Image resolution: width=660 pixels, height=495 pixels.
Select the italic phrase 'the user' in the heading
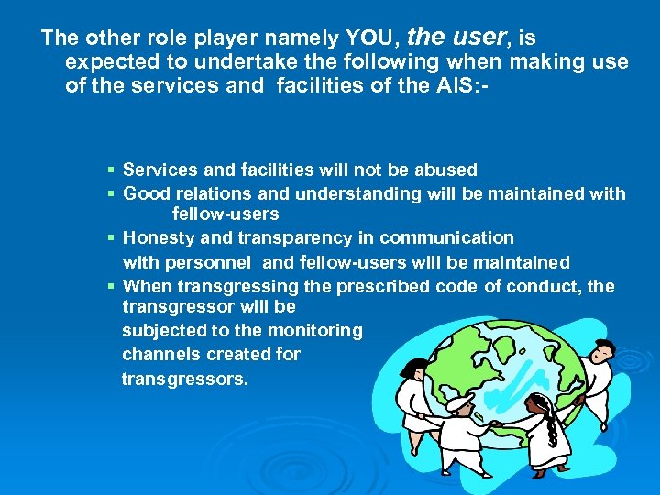[x=456, y=37]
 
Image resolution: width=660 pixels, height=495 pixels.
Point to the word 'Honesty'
[x=158, y=238]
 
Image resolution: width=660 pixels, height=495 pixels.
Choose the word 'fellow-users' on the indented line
[x=225, y=214]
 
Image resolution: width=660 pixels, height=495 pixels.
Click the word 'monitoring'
[x=314, y=330]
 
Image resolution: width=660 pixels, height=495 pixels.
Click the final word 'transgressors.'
[x=185, y=378]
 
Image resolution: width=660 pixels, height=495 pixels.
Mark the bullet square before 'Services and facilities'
[x=110, y=170]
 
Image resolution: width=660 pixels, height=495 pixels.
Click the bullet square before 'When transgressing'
[x=110, y=287]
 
